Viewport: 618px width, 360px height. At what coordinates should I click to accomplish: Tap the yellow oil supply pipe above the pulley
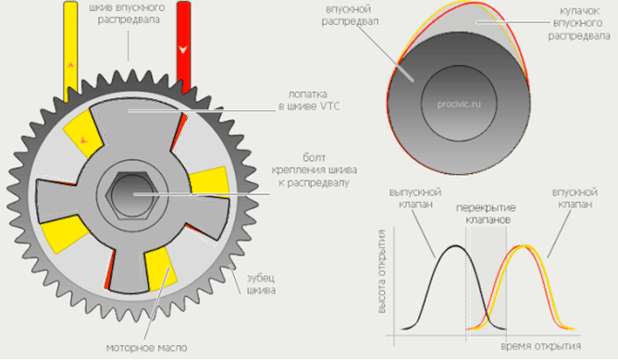click(70, 49)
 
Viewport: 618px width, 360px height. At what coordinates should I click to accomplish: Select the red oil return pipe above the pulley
click(184, 46)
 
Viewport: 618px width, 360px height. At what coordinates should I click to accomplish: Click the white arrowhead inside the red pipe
click(183, 50)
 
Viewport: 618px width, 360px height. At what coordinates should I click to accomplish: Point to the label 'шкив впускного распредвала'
click(129, 14)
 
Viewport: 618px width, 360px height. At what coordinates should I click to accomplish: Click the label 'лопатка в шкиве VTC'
click(309, 100)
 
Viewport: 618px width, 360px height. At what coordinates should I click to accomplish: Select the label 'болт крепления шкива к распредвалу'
click(315, 170)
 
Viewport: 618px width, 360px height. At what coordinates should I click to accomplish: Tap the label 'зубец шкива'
click(261, 284)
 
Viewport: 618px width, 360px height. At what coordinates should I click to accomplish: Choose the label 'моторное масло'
click(146, 348)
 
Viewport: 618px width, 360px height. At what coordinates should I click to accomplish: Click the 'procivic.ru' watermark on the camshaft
click(459, 104)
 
